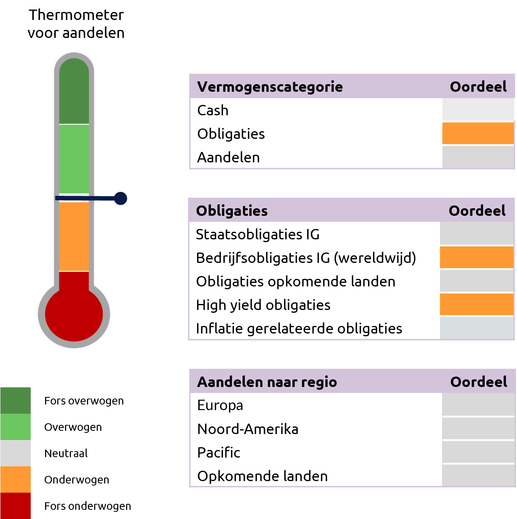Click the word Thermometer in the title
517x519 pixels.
pyautogui.click(x=76, y=15)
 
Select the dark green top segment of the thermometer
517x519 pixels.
pyautogui.click(x=74, y=94)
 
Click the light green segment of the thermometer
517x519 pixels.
pyautogui.click(x=74, y=158)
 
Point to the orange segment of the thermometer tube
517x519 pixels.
pyautogui.click(x=74, y=236)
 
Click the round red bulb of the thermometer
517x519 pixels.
pyautogui.click(x=74, y=314)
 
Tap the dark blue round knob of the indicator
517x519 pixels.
pyautogui.click(x=120, y=198)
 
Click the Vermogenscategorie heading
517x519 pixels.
pyautogui.click(x=270, y=87)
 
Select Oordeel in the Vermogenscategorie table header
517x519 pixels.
pyautogui.click(x=478, y=87)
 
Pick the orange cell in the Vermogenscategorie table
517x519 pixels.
pyautogui.click(x=478, y=133)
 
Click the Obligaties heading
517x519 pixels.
pyautogui.click(x=232, y=211)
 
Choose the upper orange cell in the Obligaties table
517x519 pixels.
pyautogui.click(x=476, y=257)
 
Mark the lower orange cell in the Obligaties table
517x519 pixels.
pyautogui.click(x=476, y=304)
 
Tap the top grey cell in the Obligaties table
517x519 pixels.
pyautogui.click(x=476, y=233)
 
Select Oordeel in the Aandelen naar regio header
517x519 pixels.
pyautogui.click(x=478, y=382)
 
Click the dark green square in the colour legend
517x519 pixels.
pyautogui.click(x=15, y=400)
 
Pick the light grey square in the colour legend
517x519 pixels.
pyautogui.click(x=15, y=453)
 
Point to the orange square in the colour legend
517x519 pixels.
pyautogui.click(x=15, y=479)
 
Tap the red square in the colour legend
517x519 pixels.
pyautogui.click(x=15, y=505)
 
